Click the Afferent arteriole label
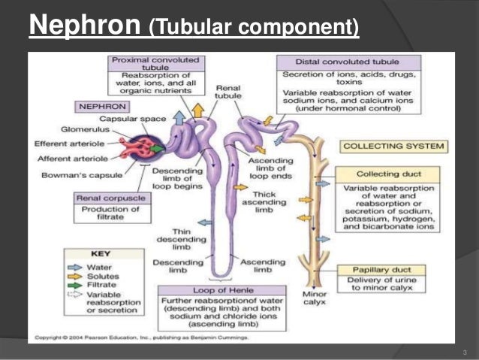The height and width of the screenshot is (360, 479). [x=68, y=159]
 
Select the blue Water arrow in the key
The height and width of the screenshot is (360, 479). [x=74, y=266]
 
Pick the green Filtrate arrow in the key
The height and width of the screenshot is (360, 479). [x=74, y=286]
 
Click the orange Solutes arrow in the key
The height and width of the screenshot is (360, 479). [x=74, y=276]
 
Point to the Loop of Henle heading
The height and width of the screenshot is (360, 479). [x=222, y=289]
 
